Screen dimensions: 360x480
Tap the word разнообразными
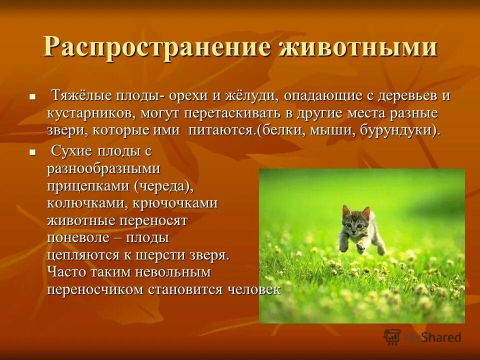point(103,168)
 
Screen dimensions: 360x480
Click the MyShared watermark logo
point(422,337)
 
